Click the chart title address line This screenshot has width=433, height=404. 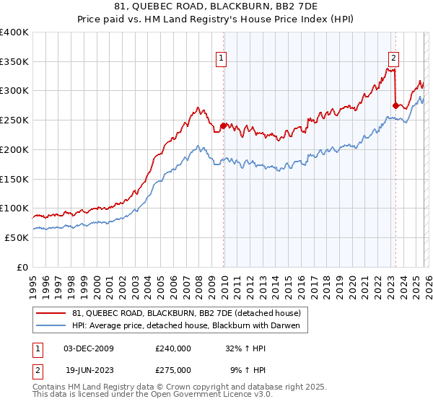tap(216, 8)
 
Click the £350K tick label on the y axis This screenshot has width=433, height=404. tap(14, 61)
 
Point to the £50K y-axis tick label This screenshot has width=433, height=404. tap(17, 237)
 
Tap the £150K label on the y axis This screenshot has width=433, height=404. tap(14, 178)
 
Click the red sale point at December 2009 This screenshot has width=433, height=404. tap(223, 126)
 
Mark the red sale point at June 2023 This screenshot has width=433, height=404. tap(395, 105)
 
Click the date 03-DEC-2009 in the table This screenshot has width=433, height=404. tap(89, 348)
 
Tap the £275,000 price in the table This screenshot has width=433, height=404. tap(172, 369)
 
